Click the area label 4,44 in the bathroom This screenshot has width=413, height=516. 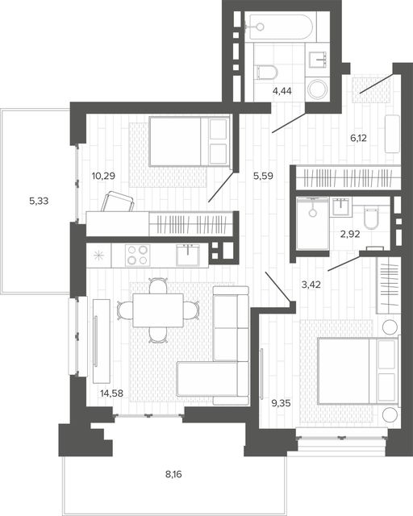point(282,91)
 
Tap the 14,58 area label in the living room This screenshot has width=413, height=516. point(111,393)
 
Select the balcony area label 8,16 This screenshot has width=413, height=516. point(173,475)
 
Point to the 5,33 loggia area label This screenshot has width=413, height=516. point(39,201)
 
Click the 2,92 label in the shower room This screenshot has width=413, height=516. point(350,235)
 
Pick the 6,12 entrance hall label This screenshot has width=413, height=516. point(358,138)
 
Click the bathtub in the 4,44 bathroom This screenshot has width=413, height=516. point(280,27)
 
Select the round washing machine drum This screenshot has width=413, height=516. point(318,89)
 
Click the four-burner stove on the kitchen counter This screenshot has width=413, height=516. point(137,255)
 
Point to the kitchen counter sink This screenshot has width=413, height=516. point(188,256)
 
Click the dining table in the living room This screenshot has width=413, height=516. point(158,310)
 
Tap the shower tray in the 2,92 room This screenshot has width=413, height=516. point(312,224)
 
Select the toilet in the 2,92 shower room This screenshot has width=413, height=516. point(372,217)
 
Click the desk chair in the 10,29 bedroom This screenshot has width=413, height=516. point(118,202)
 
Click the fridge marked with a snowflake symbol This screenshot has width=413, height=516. point(98,255)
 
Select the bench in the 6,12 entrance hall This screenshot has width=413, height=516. point(393,134)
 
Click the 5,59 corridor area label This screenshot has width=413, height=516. point(263,176)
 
